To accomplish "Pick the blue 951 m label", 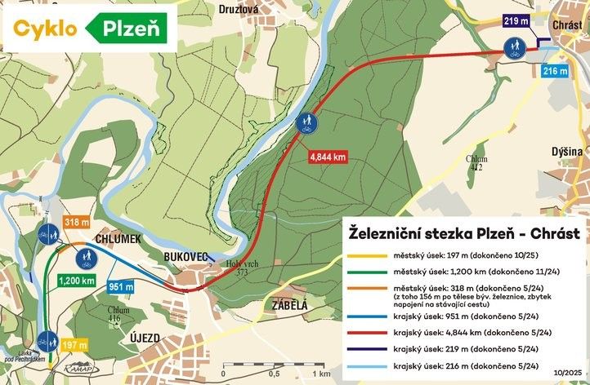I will [120, 286].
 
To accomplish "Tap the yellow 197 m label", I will [76, 346].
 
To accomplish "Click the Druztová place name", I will [239, 10].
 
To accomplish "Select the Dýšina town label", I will [567, 152].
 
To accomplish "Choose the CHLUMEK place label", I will [118, 238].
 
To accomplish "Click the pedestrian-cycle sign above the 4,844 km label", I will [307, 124].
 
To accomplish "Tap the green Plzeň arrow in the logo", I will [127, 29].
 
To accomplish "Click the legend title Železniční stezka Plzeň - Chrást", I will [460, 231].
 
